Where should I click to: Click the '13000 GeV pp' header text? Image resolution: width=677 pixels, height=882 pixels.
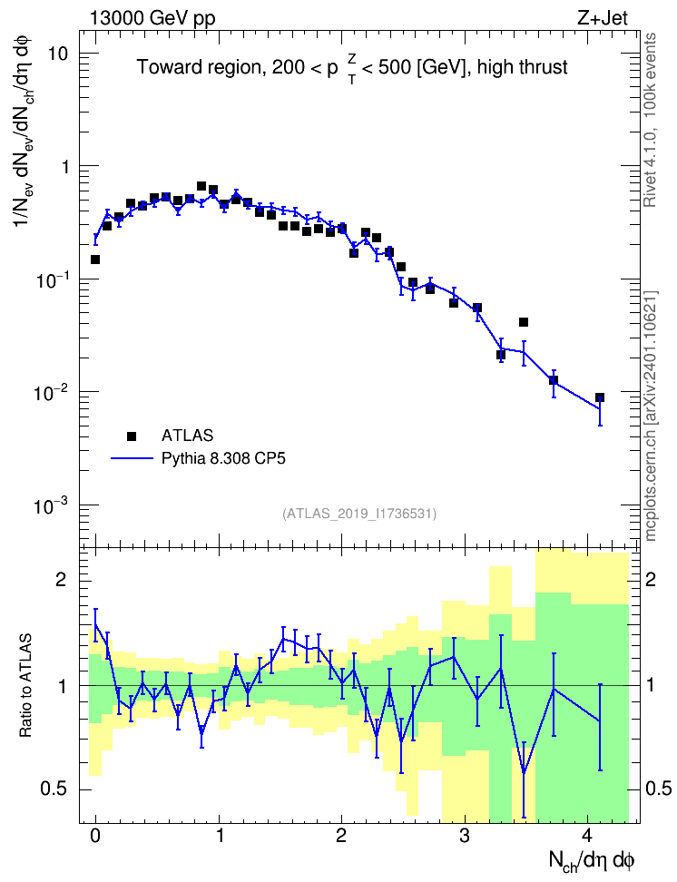[x=152, y=18]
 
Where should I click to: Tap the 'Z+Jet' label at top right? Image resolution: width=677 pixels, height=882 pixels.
[x=603, y=18]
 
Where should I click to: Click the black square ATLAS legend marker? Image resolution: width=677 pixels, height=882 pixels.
[x=132, y=436]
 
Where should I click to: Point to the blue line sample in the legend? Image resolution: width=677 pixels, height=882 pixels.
[x=132, y=458]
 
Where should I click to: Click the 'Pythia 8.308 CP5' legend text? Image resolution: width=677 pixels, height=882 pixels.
[x=223, y=458]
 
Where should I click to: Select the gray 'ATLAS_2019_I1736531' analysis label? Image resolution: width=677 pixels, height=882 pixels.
[x=359, y=514]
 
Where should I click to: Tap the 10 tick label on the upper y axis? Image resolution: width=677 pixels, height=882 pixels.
[x=56, y=54]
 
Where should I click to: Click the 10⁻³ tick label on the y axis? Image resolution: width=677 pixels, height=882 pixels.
[x=50, y=505]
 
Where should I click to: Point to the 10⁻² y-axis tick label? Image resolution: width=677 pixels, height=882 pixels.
[x=50, y=392]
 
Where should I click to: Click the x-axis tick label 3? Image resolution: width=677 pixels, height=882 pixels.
[x=465, y=836]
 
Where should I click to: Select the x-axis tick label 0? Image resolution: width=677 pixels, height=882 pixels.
[x=95, y=836]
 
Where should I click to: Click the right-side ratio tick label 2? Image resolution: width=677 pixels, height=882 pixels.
[x=651, y=579]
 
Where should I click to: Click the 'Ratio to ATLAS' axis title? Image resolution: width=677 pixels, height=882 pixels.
[x=25, y=685]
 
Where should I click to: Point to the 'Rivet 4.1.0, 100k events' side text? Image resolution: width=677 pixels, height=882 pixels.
[x=650, y=120]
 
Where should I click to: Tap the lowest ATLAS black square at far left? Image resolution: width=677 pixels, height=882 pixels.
[x=95, y=260]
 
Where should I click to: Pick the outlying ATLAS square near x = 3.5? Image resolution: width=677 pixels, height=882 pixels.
[x=524, y=322]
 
